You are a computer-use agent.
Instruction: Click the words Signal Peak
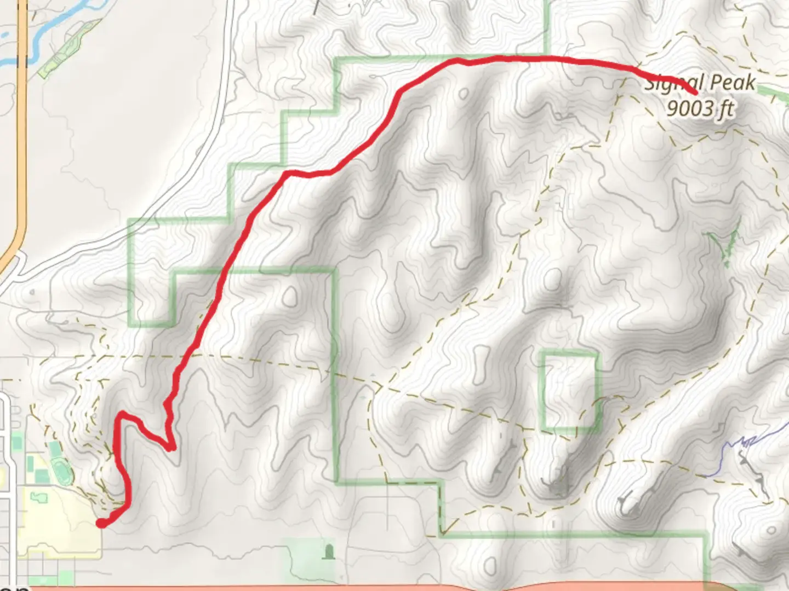pyautogui.click(x=700, y=84)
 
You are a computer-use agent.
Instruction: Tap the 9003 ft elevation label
pyautogui.click(x=700, y=108)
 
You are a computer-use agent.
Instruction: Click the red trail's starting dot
pyautogui.click(x=101, y=524)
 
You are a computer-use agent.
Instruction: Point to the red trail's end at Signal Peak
pyautogui.click(x=695, y=92)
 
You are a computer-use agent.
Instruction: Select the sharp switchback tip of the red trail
pyautogui.click(x=172, y=448)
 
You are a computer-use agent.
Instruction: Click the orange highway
pyautogui.click(x=22, y=137)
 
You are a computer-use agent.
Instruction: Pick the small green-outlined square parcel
pyautogui.click(x=570, y=390)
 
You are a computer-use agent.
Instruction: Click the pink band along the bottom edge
pyautogui.click(x=384, y=588)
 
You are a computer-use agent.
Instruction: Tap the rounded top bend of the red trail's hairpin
pyautogui.click(x=124, y=414)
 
